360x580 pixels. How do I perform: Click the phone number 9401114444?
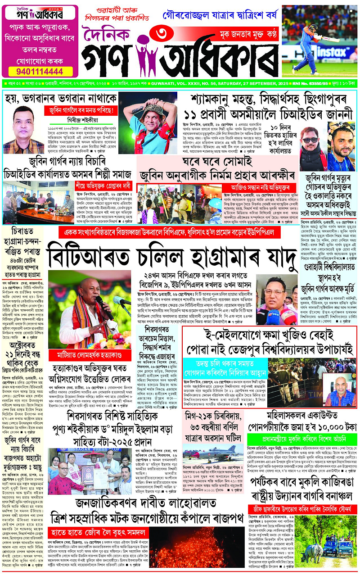[x=40, y=71]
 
